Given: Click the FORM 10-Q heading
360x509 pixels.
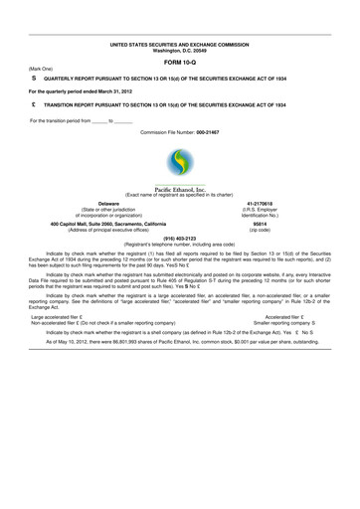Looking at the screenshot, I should (x=180, y=63).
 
